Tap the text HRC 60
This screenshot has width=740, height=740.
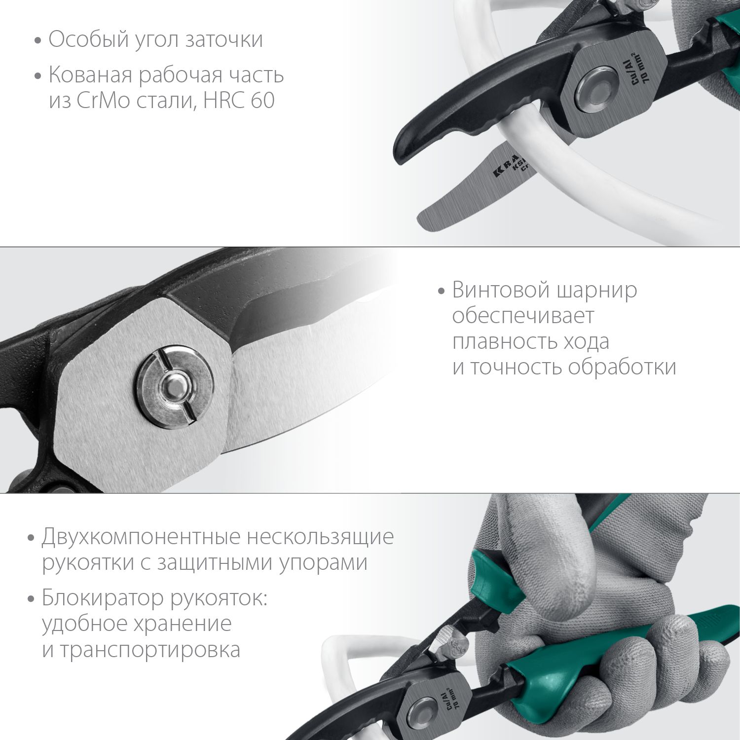[x=239, y=101]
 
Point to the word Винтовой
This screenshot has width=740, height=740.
[x=500, y=290]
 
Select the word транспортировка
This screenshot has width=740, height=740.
[x=150, y=650]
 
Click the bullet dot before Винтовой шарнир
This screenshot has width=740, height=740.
[x=442, y=291]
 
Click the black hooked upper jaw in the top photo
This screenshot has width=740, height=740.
[x=424, y=143]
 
